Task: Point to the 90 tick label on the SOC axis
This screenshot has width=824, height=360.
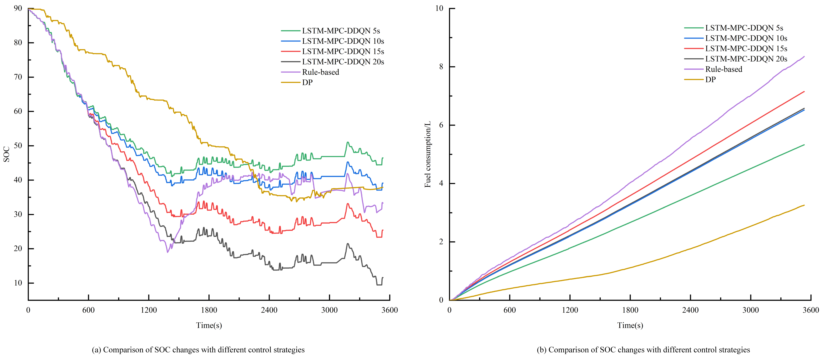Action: tap(18, 8)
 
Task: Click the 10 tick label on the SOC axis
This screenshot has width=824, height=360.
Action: tap(18, 283)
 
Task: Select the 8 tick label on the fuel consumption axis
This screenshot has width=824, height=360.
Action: tap(441, 67)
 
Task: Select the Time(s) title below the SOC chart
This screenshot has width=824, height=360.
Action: tap(209, 325)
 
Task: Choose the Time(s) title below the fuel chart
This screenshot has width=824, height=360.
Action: tap(630, 325)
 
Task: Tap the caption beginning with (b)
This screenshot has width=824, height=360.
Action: tap(643, 350)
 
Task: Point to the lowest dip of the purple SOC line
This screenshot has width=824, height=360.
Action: tap(167, 252)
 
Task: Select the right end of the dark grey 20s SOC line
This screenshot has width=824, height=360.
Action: tap(383, 278)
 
